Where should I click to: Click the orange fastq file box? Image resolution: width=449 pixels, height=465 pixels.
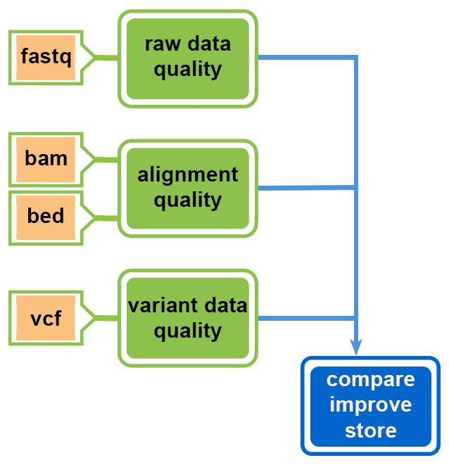click(46, 57)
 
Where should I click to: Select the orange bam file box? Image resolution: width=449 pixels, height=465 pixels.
click(46, 159)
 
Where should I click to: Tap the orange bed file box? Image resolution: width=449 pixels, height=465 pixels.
click(46, 216)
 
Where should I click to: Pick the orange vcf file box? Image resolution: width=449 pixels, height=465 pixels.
click(46, 318)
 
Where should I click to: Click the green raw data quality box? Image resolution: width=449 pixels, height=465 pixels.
click(187, 58)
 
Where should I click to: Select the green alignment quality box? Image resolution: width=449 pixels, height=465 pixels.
click(187, 188)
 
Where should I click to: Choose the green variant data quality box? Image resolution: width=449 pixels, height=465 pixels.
click(187, 318)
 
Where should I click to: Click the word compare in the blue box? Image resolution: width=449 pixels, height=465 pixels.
click(370, 380)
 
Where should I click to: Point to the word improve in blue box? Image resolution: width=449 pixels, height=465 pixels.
click(370, 405)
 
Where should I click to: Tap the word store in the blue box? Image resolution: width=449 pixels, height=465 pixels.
click(370, 431)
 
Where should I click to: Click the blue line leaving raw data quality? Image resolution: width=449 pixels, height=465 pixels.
click(303, 58)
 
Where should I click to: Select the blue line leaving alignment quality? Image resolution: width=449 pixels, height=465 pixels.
click(303, 188)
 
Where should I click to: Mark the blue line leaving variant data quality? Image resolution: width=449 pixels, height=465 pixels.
click(303, 318)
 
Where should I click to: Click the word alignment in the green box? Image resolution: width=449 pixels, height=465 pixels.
click(187, 175)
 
